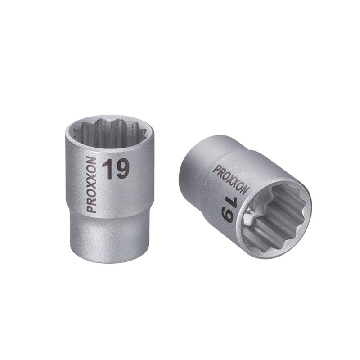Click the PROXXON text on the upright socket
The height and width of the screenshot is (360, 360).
coord(92,185)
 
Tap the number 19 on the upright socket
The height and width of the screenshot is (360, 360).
coord(116,170)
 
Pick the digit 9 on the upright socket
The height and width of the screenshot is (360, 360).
coord(122,170)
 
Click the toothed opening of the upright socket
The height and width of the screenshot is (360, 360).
coord(110,133)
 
